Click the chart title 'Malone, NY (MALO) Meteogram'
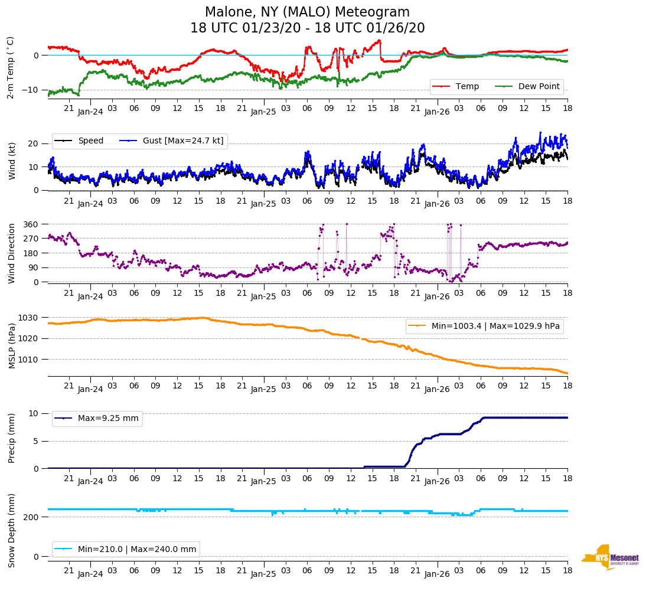[307, 12]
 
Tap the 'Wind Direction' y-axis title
[12, 253]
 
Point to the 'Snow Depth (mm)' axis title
[12, 530]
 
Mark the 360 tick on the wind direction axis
[31, 224]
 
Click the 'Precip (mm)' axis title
[12, 438]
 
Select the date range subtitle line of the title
[307, 28]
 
